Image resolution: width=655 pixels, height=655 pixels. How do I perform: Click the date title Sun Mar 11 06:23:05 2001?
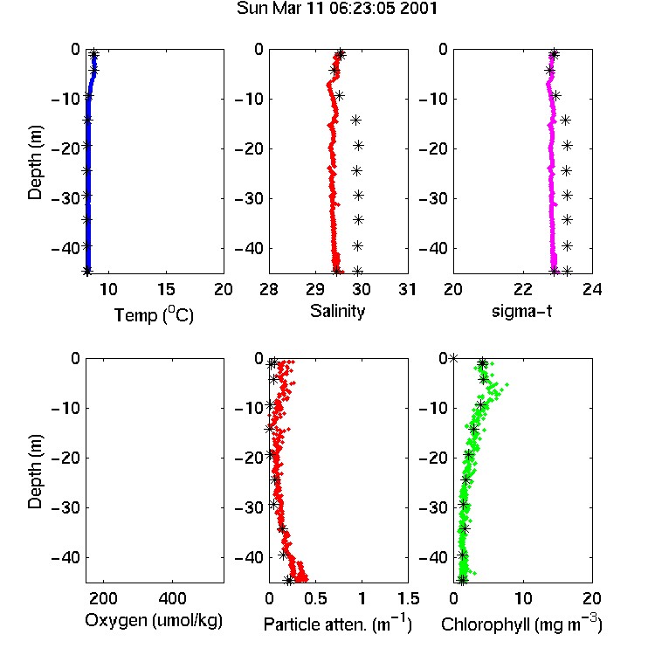pos(337,9)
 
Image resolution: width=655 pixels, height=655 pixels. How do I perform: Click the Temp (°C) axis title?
pos(154,314)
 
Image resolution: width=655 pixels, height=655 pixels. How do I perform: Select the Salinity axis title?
pos(337,311)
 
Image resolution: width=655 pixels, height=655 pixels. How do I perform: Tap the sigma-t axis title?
pos(521,311)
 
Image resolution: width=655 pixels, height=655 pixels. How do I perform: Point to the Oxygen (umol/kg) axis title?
pos(154,621)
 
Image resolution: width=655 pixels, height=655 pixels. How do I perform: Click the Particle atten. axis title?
pos(337,624)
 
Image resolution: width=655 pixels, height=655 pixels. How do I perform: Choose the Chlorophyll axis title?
pos(521,624)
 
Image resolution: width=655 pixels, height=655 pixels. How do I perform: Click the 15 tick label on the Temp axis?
pos(166,289)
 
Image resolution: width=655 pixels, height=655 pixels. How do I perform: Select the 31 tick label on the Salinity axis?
pos(408,289)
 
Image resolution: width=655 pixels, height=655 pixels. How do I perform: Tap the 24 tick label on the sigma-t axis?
pos(592,289)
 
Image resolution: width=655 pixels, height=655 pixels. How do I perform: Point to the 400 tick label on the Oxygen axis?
pos(172,598)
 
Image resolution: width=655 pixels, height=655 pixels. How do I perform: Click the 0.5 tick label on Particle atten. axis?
pos(315,598)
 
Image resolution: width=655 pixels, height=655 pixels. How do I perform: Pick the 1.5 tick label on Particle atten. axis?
pos(408,598)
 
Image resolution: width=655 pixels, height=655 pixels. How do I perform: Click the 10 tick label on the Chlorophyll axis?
pos(523,598)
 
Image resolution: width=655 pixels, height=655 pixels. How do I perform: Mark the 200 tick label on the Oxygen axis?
pos(103,598)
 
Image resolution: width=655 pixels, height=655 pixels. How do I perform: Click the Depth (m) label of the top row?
pos(35,162)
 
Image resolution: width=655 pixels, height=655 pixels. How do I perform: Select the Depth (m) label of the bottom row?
pos(35,472)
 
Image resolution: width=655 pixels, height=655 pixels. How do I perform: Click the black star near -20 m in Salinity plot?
pos(358,145)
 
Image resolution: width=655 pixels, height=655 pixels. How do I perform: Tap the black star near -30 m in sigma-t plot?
pos(567,195)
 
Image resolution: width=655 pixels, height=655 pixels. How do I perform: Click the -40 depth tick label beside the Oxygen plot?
pos(65,557)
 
